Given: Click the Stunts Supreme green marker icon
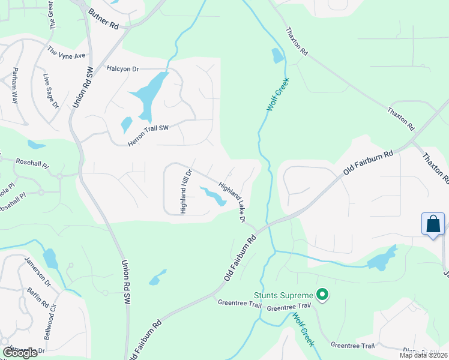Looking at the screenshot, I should pyautogui.click(x=322, y=295).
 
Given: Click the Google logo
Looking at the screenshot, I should pyautogui.click(x=20, y=352).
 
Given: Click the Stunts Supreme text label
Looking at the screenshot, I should pyautogui.click(x=283, y=295).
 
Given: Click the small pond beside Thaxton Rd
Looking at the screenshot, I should pyautogui.click(x=277, y=56).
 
